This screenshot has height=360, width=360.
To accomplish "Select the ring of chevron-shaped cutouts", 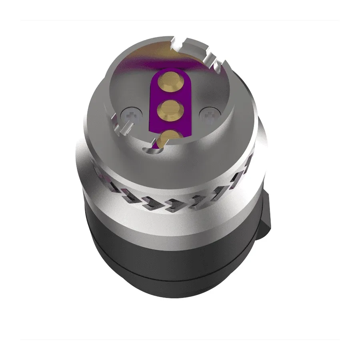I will [176, 196].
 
